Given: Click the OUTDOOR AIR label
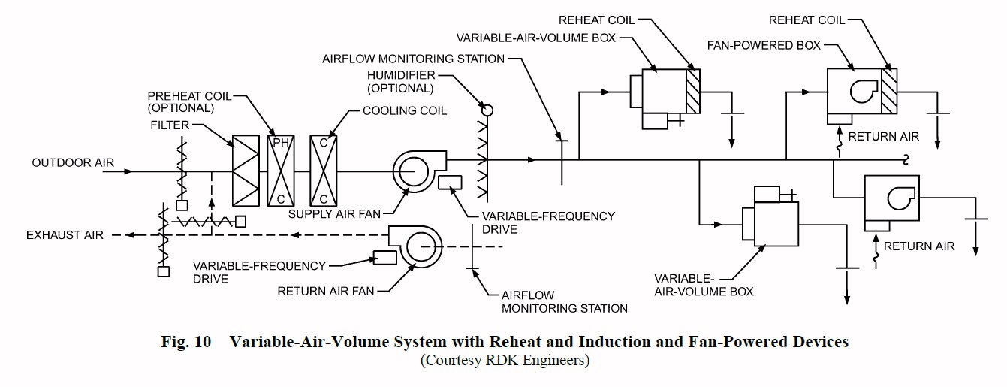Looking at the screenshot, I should [x=62, y=163].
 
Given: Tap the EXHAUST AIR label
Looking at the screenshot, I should [x=58, y=235].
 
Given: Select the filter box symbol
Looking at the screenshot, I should [x=245, y=170].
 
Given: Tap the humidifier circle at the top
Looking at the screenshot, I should [x=487, y=110].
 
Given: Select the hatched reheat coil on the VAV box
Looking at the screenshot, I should [x=692, y=91].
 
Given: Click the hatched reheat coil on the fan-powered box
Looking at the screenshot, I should [x=889, y=91].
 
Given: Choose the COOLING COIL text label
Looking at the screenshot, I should [x=405, y=110].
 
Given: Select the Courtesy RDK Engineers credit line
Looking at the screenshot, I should [x=504, y=360].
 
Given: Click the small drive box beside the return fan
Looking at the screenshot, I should [x=385, y=257].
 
